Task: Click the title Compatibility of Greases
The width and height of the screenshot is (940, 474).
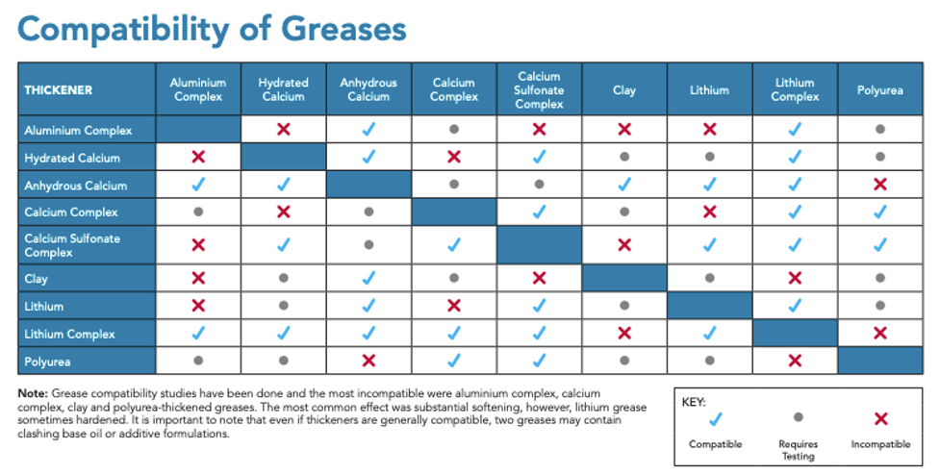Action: pos(212,29)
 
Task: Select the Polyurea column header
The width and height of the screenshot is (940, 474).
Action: pos(880,89)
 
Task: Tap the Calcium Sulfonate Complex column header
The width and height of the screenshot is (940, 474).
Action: pos(539,89)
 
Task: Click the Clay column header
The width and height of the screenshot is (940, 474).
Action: pos(623,89)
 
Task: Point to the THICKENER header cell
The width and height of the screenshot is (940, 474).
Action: pos(59,89)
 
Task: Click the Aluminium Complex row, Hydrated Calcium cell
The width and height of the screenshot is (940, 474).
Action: pos(283,129)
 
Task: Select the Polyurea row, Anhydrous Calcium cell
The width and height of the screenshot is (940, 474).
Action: pos(368,361)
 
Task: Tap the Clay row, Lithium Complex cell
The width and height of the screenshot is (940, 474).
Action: pos(794,279)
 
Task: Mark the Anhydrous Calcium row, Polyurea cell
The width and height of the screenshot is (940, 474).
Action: pos(879,185)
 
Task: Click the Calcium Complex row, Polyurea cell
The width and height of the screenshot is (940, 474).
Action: pos(879,212)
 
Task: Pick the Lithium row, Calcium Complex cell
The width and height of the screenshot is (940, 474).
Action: pos(453,306)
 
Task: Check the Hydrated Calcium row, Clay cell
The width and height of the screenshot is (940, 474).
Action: pos(623,157)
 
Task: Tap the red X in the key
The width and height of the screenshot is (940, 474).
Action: pos(879,419)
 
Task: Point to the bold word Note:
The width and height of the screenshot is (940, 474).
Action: pos(33,394)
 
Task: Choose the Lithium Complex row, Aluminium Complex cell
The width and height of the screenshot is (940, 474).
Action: pos(198,334)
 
